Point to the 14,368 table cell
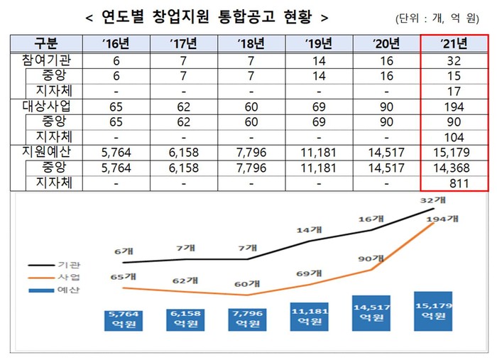coord(454,168)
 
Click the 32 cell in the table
coord(454,60)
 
